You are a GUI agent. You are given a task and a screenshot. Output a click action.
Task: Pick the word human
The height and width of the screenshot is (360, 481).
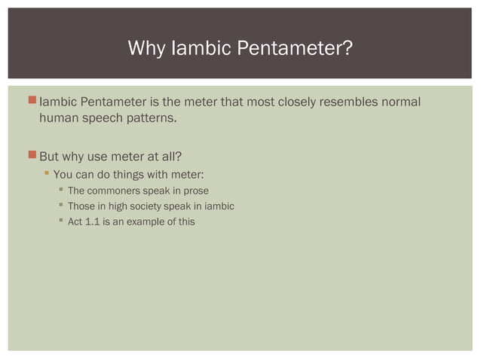(x=59, y=118)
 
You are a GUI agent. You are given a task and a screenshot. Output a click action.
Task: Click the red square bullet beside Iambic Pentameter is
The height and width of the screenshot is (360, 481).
(x=31, y=101)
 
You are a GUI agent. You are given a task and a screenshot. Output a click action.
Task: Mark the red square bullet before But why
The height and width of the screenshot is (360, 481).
(x=31, y=156)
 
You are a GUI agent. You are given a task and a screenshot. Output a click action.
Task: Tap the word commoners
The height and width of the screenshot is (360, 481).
(x=115, y=191)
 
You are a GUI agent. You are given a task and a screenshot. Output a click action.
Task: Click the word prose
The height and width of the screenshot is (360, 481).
(x=195, y=191)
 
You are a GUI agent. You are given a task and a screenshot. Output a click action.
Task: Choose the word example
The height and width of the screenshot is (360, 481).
(x=146, y=221)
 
